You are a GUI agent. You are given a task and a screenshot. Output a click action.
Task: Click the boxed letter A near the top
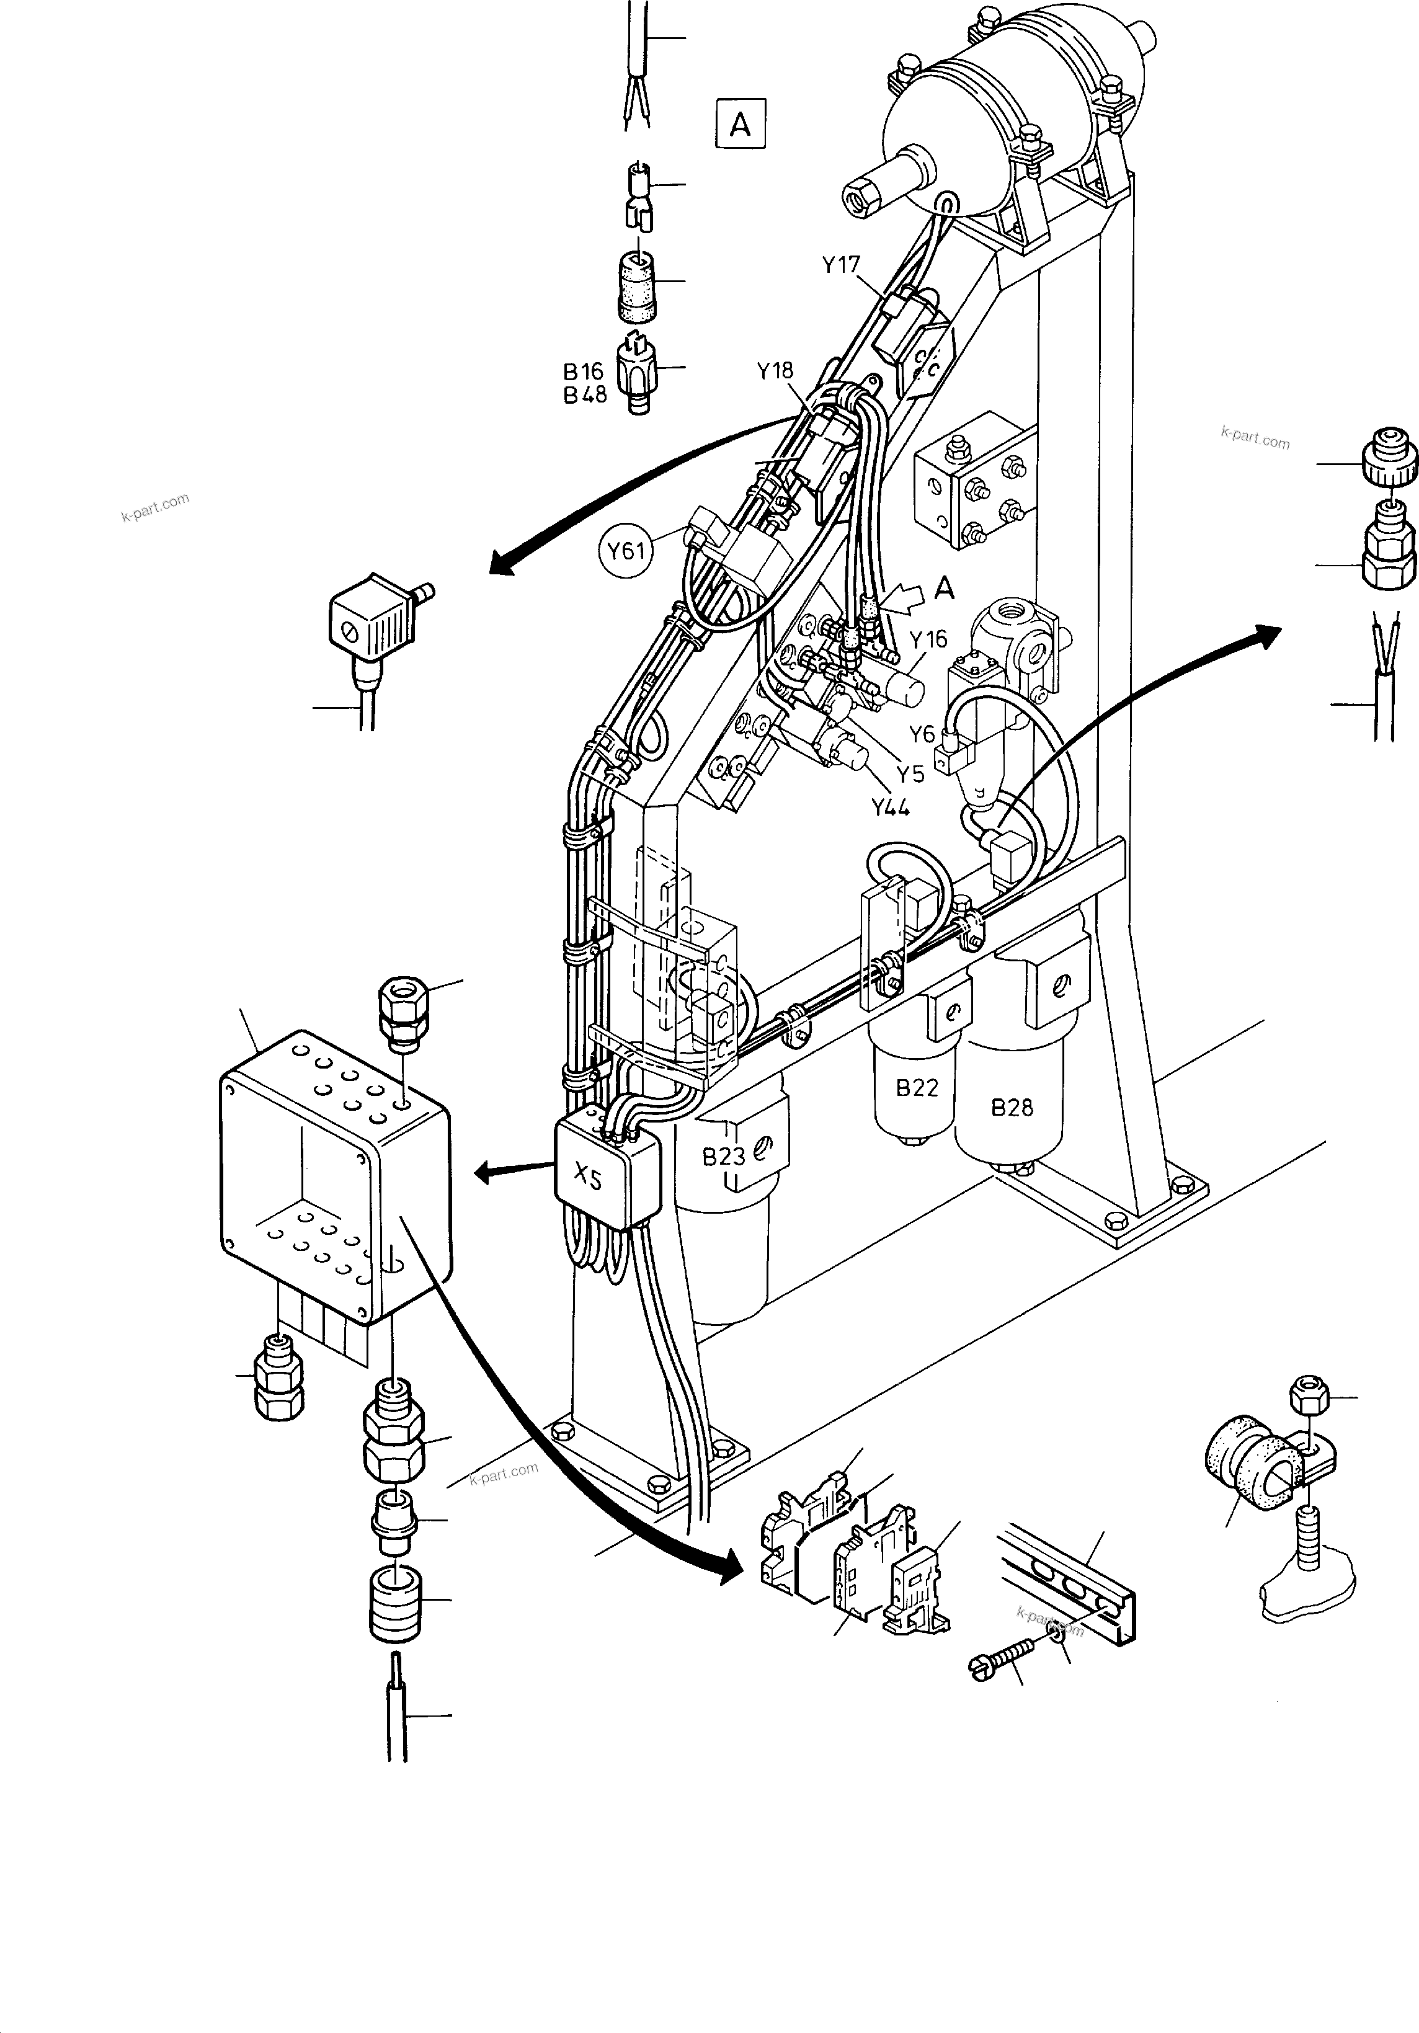pos(740,125)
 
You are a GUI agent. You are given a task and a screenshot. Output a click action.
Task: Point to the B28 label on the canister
pos(1011,1107)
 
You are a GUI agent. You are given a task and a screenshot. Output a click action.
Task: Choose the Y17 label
pos(840,265)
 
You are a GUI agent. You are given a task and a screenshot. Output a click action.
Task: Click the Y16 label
pos(928,638)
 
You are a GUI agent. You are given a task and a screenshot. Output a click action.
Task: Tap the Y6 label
pos(922,733)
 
